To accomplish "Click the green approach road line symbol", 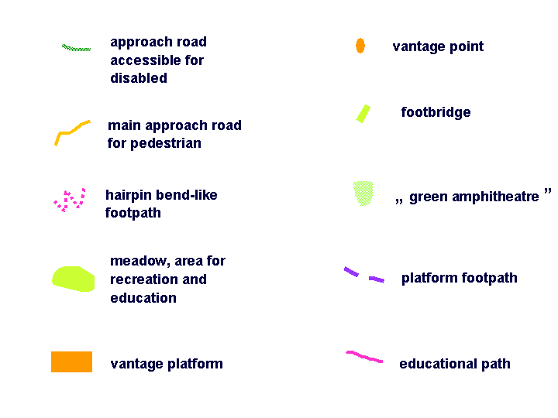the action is (x=76, y=48).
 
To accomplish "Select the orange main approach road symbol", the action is (x=71, y=132).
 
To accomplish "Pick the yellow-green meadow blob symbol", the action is (x=74, y=279).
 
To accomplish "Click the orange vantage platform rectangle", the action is (x=71, y=361).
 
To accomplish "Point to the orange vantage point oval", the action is (x=360, y=46).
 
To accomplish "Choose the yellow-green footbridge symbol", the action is (x=363, y=114).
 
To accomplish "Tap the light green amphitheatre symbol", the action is (x=363, y=194).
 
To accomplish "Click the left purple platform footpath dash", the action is (x=351, y=272).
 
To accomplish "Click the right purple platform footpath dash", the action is (x=377, y=279).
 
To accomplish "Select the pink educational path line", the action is (x=364, y=357).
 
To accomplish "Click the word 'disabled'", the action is (x=139, y=78).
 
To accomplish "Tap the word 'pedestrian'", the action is (x=166, y=144).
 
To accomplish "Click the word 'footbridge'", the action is (x=436, y=112).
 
